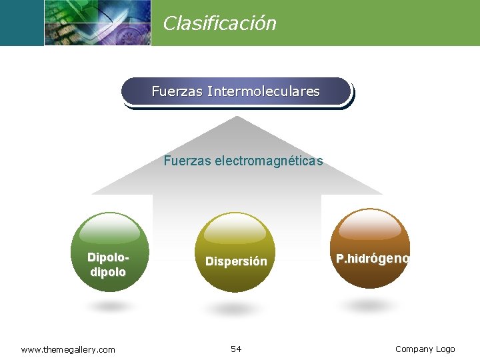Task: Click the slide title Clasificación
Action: pos(219,24)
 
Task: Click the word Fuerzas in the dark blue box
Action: pos(177,91)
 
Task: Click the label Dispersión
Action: pos(236,261)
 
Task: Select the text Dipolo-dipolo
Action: pos(108,265)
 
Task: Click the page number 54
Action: pos(236,349)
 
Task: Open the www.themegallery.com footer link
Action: pos(68,349)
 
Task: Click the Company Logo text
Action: pos(425,349)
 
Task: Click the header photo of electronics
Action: pos(97,23)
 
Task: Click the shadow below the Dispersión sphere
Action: pos(233,310)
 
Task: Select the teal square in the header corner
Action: pos(21,23)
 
